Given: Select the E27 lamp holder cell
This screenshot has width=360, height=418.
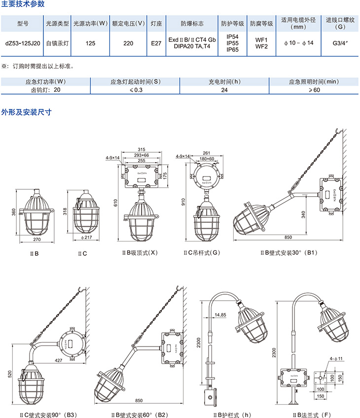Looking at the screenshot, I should click(x=156, y=43).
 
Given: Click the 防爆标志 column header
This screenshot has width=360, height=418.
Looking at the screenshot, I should click(x=192, y=23).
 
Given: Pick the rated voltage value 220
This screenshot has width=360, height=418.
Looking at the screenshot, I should click(x=128, y=43).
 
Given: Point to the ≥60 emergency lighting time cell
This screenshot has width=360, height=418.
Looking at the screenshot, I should click(x=314, y=90).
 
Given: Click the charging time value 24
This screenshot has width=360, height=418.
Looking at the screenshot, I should click(x=224, y=90).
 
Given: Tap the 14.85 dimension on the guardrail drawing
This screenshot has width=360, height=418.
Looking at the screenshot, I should click(x=220, y=314).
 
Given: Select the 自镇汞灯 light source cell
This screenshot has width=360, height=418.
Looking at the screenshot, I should click(x=57, y=43).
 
